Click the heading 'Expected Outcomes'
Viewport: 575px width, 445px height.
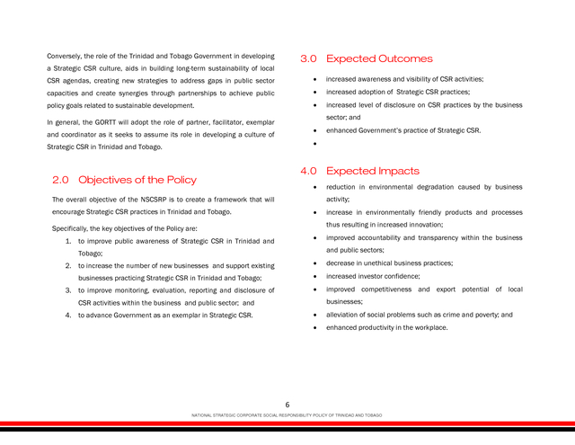(x=379, y=59)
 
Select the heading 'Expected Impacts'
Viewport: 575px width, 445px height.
(x=372, y=171)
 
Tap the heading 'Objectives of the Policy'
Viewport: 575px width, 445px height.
(x=137, y=180)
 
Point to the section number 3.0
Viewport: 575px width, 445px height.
(x=308, y=59)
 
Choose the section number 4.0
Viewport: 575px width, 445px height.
(x=308, y=171)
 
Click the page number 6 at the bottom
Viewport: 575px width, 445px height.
(x=287, y=405)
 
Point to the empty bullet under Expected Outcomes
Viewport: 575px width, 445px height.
(x=314, y=143)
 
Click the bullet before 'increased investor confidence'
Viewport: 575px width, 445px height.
(x=314, y=277)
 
